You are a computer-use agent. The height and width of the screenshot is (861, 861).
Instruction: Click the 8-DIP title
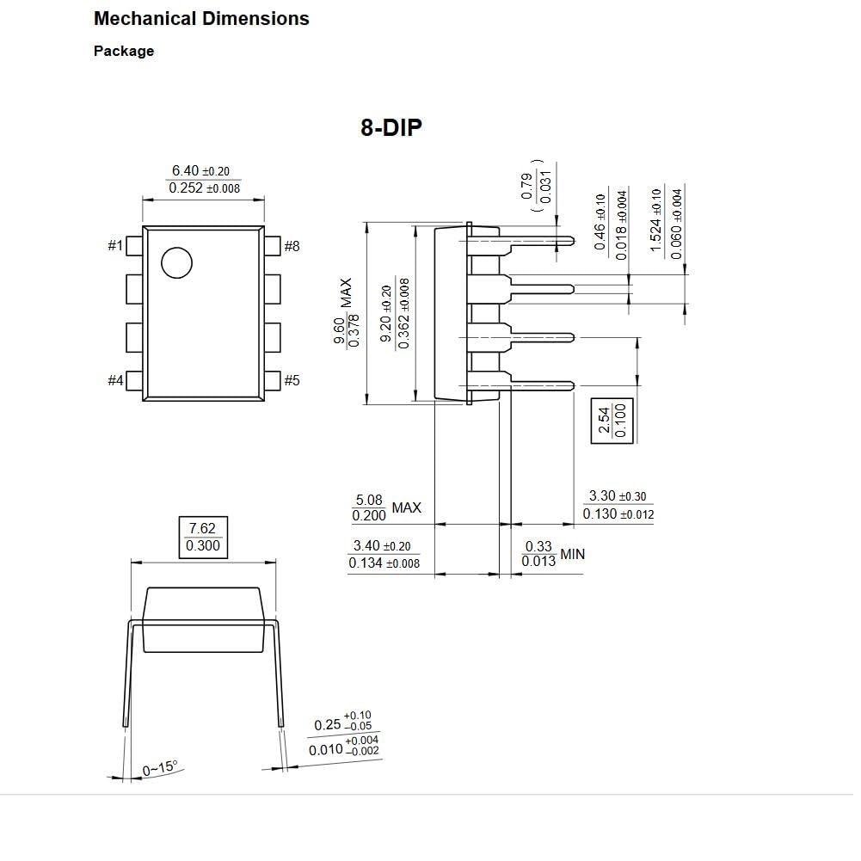tap(391, 127)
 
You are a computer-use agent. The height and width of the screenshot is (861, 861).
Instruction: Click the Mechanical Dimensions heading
tap(201, 19)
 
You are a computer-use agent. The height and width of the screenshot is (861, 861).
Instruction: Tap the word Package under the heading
tap(124, 51)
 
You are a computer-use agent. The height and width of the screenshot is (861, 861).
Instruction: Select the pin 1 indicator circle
tap(177, 262)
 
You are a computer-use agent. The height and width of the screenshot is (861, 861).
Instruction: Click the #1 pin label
tap(115, 245)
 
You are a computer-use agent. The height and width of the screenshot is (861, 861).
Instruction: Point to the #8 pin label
tap(292, 246)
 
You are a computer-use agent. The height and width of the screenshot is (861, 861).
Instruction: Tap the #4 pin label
tap(115, 380)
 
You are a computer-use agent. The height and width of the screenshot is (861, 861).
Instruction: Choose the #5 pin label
tap(292, 380)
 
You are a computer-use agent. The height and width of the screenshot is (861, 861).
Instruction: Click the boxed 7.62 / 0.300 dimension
tap(203, 537)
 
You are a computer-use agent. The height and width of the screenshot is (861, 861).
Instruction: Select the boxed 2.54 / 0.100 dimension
tap(612, 421)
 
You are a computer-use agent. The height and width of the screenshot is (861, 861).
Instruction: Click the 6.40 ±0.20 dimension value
tap(200, 171)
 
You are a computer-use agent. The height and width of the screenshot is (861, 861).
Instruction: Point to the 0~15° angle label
tap(160, 768)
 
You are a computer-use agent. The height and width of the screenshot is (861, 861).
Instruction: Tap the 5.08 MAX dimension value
tap(387, 507)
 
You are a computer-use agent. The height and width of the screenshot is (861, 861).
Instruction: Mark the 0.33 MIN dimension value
tap(553, 554)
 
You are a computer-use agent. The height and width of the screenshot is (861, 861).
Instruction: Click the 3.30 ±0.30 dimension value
tap(618, 495)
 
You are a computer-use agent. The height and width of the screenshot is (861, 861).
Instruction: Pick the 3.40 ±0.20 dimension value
tap(382, 546)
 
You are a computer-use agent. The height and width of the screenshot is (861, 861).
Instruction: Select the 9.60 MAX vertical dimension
tap(346, 312)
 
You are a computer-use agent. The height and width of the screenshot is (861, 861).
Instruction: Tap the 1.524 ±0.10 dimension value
tap(655, 220)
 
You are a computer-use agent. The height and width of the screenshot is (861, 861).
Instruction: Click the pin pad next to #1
tap(134, 246)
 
